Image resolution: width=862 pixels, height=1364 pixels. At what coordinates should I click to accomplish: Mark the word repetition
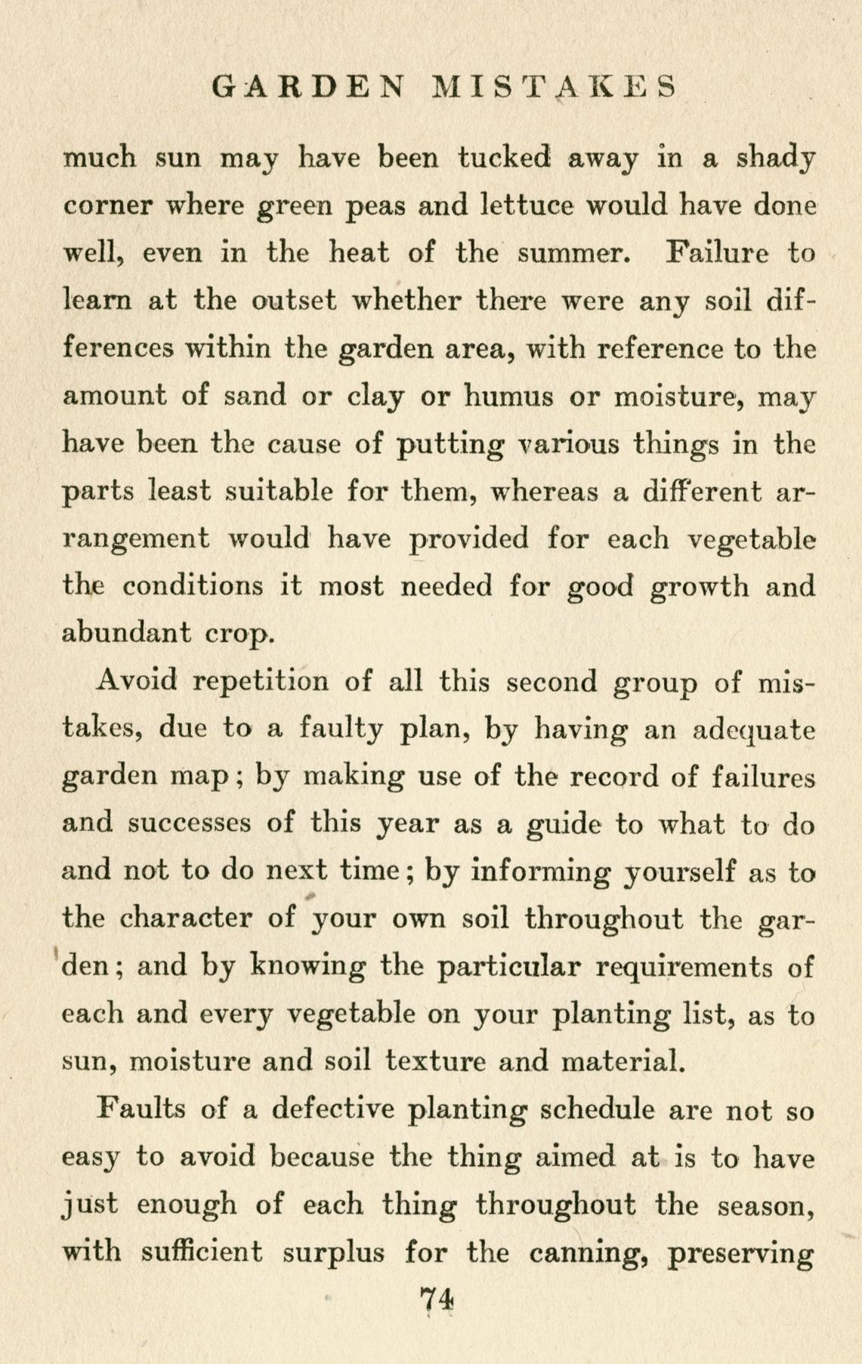(x=261, y=681)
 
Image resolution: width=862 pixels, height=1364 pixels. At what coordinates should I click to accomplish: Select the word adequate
(x=754, y=730)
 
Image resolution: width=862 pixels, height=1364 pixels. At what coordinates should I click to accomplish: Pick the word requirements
(x=684, y=967)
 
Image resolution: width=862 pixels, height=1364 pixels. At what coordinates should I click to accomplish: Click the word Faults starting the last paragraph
(x=142, y=1109)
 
